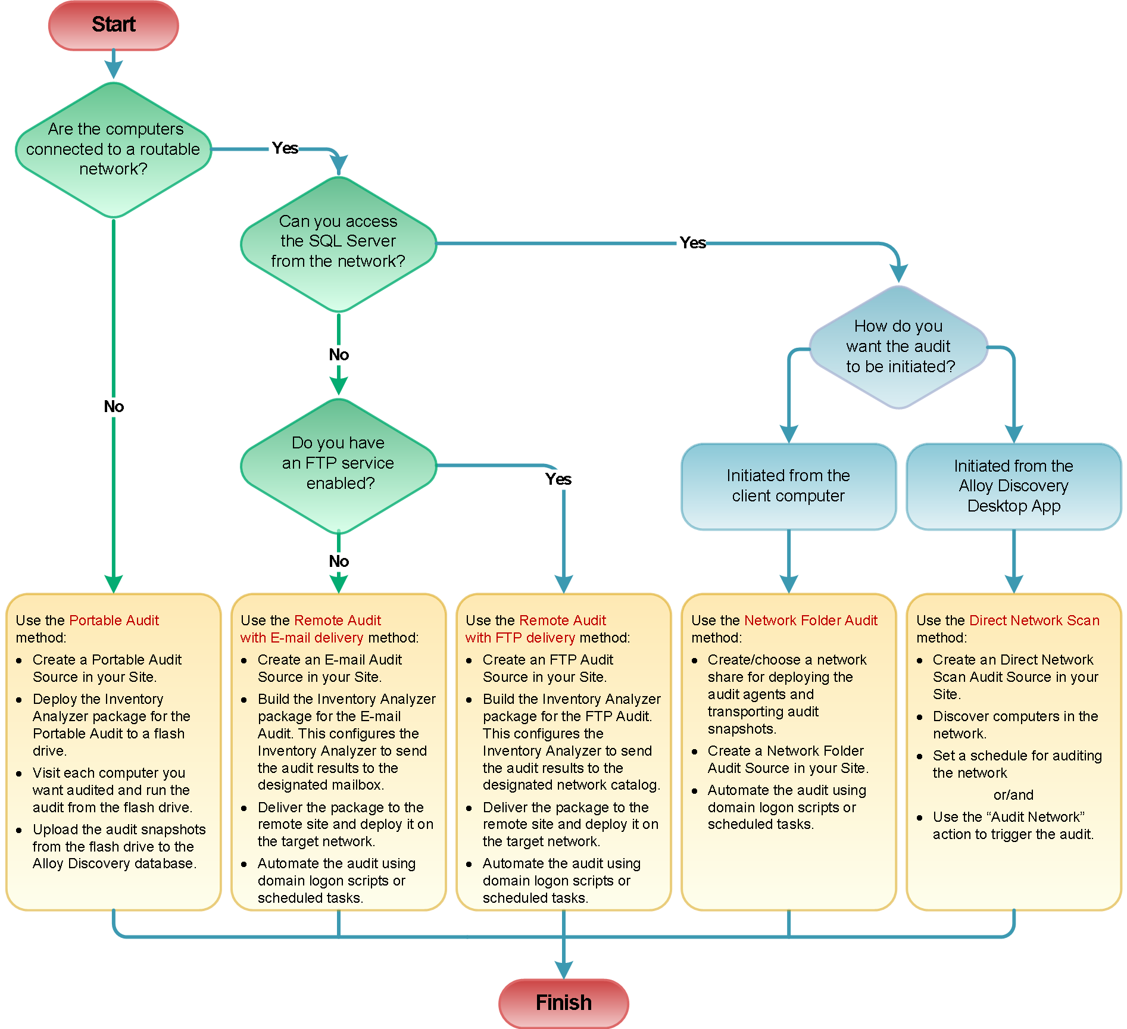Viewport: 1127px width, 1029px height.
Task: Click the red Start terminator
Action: pyautogui.click(x=113, y=25)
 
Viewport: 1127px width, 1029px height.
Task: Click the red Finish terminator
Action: pyautogui.click(x=563, y=1003)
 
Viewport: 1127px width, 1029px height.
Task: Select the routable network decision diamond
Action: pyautogui.click(x=113, y=149)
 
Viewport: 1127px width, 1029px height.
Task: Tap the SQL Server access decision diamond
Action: pyautogui.click(x=338, y=243)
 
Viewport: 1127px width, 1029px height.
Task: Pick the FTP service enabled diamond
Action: pyautogui.click(x=338, y=464)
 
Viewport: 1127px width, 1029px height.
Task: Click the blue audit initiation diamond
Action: pyautogui.click(x=898, y=347)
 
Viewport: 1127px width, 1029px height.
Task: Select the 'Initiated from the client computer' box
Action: pyautogui.click(x=788, y=486)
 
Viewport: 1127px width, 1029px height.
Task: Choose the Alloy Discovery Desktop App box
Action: pyautogui.click(x=1013, y=486)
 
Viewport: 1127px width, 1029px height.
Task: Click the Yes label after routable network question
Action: pyautogui.click(x=285, y=148)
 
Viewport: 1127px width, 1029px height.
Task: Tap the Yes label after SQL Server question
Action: pyautogui.click(x=692, y=243)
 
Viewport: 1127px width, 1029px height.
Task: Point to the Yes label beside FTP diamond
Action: pyautogui.click(x=558, y=479)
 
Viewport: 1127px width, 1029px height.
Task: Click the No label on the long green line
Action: pyautogui.click(x=114, y=407)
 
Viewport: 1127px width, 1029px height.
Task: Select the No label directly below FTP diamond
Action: pyautogui.click(x=339, y=562)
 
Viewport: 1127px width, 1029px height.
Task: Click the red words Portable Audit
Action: pyautogui.click(x=114, y=620)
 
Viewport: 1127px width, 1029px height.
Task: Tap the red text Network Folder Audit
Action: pyautogui.click(x=810, y=620)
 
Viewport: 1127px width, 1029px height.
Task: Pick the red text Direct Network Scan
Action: pyautogui.click(x=1034, y=620)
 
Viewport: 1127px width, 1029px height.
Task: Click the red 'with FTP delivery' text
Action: pyautogui.click(x=520, y=638)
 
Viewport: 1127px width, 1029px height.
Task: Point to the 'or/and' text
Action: pyautogui.click(x=1013, y=795)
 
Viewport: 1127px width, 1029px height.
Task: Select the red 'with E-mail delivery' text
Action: pyautogui.click(x=301, y=638)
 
